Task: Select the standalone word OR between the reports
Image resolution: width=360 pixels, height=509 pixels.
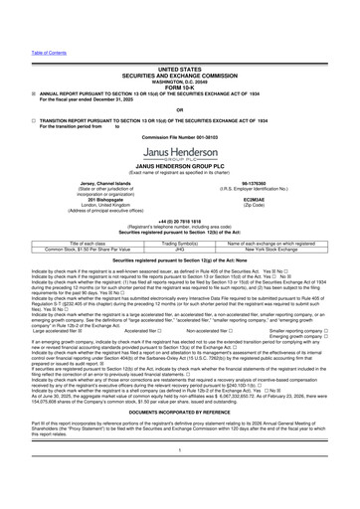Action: (x=179, y=83)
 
